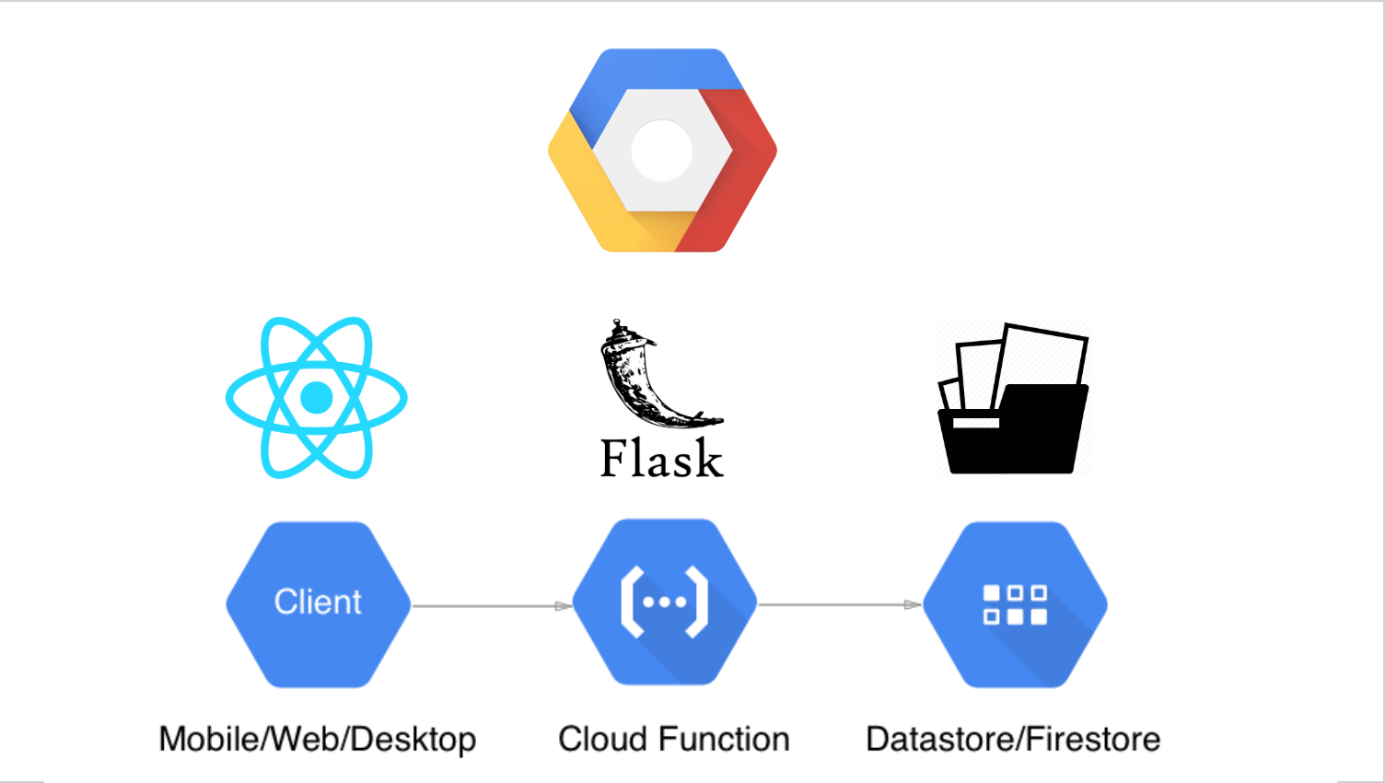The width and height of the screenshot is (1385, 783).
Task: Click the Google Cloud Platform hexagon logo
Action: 662,150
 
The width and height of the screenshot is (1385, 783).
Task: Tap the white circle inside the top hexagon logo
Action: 662,150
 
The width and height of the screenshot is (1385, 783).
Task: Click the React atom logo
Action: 317,398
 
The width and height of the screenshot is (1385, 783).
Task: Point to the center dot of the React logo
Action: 317,398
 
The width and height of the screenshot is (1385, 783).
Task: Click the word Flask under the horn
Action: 661,459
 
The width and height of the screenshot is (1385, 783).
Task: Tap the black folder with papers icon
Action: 1013,401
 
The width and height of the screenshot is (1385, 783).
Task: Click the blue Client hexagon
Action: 319,604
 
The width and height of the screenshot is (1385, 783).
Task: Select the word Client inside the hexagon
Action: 319,602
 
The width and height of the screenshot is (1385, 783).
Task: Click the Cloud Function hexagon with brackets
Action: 665,602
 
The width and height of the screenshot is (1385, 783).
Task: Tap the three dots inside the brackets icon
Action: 665,602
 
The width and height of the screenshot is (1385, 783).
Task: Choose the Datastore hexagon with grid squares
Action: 1015,604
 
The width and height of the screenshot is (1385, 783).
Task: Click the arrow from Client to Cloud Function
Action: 492,606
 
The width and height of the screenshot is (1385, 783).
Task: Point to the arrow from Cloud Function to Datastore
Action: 840,605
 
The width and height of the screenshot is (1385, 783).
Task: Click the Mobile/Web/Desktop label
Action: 318,740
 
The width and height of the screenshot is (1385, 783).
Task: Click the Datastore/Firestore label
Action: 1013,740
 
